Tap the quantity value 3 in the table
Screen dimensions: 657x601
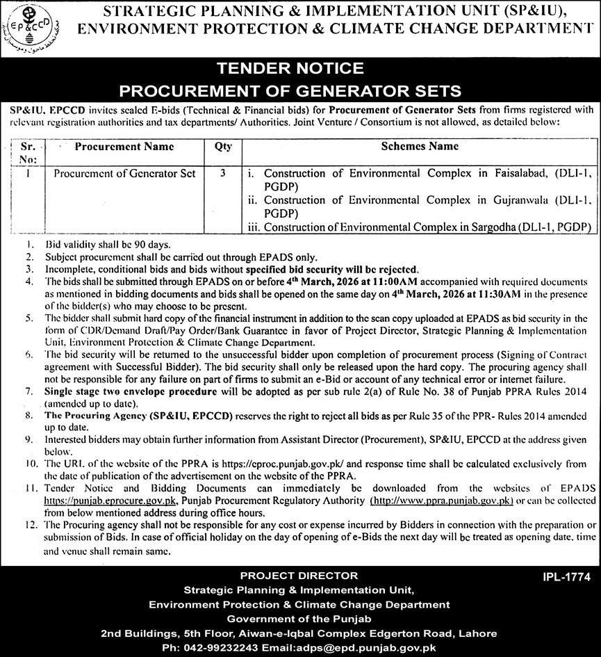click(x=223, y=173)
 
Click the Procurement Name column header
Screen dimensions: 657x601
click(x=124, y=147)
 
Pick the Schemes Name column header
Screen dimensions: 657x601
click(x=420, y=147)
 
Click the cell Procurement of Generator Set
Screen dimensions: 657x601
click(x=124, y=173)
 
